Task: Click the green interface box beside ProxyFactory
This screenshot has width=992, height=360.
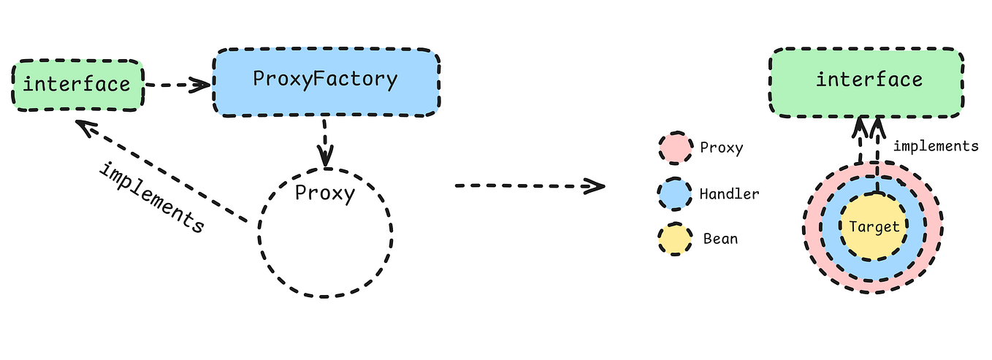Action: coord(77,85)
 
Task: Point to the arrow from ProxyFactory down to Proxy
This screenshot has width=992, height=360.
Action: coord(324,142)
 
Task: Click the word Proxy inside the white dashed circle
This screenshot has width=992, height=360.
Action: coord(324,194)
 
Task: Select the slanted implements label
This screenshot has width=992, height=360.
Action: coord(151,196)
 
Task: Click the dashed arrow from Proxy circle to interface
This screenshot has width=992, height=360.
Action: coord(161,172)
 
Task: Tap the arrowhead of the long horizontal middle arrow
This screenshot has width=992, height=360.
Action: coord(595,186)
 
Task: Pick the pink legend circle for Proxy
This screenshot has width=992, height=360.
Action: coord(674,148)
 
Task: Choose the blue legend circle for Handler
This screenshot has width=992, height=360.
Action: coord(674,194)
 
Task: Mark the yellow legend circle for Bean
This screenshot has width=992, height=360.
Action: coord(674,240)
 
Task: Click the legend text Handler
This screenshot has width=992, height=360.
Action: coord(729,194)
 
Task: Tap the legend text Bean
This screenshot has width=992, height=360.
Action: coord(720,240)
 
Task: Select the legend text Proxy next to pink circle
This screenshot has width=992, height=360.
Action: coord(721,148)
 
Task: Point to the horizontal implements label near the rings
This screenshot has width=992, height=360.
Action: coord(935,146)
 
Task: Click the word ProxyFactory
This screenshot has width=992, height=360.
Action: coord(325,80)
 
